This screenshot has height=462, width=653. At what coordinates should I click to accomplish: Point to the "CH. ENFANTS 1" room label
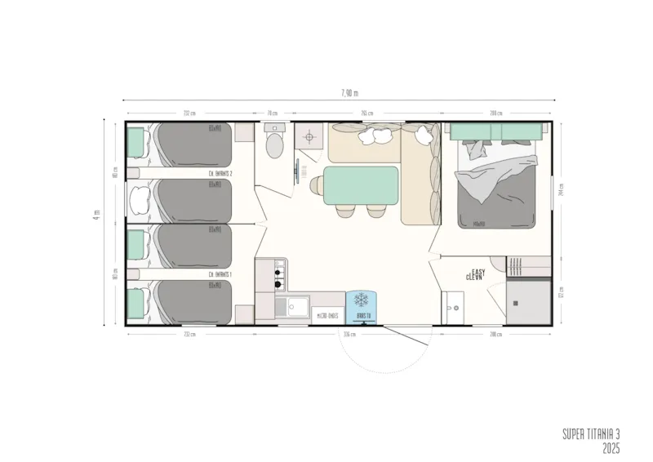[x=220, y=274]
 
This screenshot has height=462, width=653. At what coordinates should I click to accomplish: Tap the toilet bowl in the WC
[x=273, y=146]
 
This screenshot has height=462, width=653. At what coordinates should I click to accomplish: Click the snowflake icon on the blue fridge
[x=361, y=300]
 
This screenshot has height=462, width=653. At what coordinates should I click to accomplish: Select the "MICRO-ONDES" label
[x=327, y=315]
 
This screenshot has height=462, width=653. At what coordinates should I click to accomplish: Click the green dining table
[x=361, y=184]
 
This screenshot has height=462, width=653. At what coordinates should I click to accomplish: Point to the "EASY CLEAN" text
[x=476, y=274]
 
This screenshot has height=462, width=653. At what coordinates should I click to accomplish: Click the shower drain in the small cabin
[x=515, y=303]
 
